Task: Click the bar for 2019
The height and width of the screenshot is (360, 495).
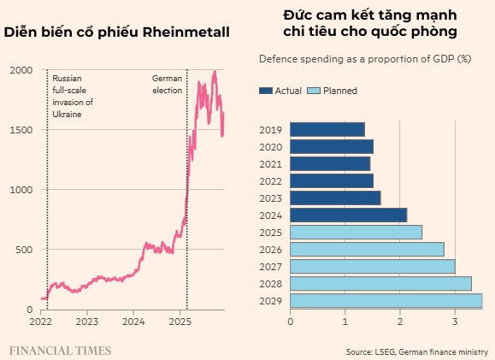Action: pyautogui.click(x=327, y=129)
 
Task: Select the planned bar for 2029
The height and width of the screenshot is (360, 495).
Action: pyautogui.click(x=386, y=300)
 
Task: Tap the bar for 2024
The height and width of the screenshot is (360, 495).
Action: pyautogui.click(x=348, y=215)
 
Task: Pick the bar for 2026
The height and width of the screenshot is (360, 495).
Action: pyautogui.click(x=367, y=249)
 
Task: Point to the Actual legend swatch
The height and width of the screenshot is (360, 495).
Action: pyautogui.click(x=265, y=91)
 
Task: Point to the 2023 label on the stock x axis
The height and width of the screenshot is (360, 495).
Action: pyautogui.click(x=86, y=322)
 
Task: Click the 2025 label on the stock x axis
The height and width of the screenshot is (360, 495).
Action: pyautogui.click(x=180, y=322)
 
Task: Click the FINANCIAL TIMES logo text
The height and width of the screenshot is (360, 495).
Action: pyautogui.click(x=60, y=350)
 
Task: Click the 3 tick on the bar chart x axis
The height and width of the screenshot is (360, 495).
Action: pyautogui.click(x=455, y=322)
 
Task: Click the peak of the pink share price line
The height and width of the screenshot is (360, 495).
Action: pyautogui.click(x=214, y=72)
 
